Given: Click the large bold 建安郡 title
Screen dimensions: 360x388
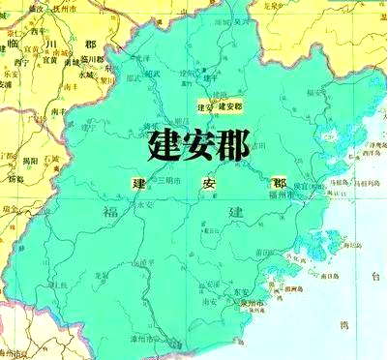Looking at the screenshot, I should click(199, 146).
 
